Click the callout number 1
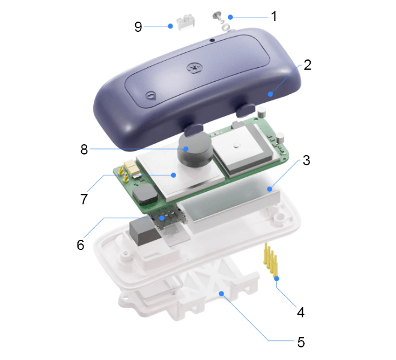(274, 16)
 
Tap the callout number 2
(307, 65)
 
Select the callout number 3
(306, 160)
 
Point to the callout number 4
(300, 313)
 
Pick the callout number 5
(301, 343)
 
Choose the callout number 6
(81, 245)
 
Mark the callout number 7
(84, 200)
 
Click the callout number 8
(84, 149)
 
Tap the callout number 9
(138, 27)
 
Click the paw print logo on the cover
(194, 68)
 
